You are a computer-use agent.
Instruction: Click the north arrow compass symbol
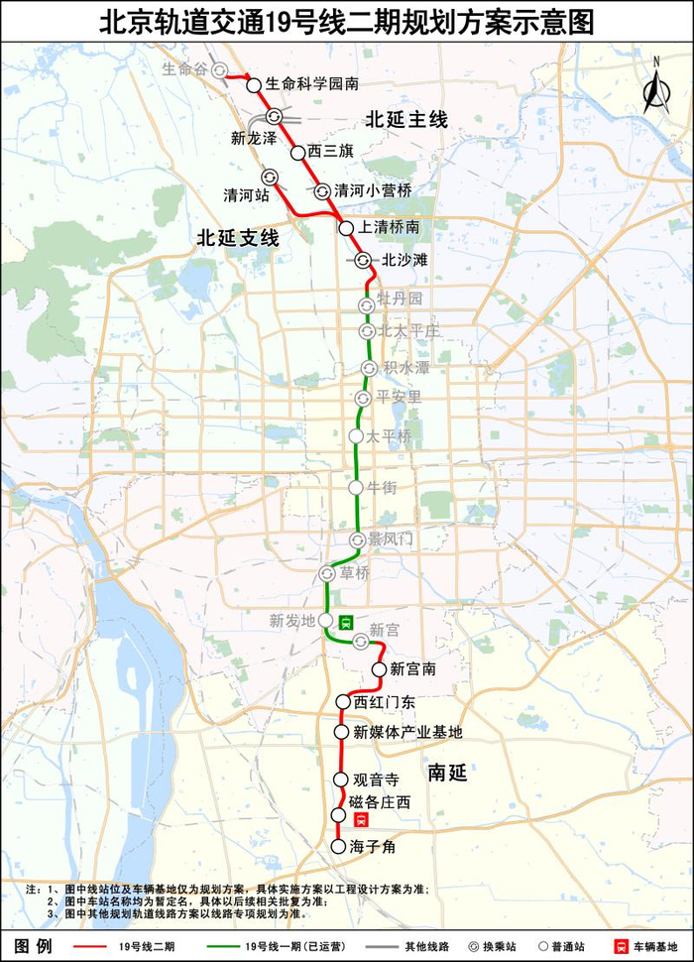click(654, 87)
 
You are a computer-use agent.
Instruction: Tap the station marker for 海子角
click(337, 847)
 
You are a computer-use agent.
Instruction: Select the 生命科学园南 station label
click(312, 85)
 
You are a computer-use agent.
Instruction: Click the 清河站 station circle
click(269, 177)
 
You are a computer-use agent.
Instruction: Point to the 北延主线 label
click(406, 120)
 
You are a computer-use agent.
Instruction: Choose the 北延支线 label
click(238, 238)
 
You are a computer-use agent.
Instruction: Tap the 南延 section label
click(447, 773)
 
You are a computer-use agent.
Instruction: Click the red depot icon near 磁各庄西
click(363, 819)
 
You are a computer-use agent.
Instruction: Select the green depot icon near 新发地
click(346, 622)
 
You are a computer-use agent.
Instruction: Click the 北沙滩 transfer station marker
click(363, 261)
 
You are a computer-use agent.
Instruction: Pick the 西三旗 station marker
click(297, 153)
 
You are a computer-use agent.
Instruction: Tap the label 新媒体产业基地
click(409, 733)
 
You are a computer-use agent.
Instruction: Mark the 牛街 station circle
click(356, 487)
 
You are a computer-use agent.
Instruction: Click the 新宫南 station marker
click(379, 669)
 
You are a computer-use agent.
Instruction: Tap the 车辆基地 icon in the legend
click(618, 946)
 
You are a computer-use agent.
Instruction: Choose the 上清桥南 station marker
click(346, 228)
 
